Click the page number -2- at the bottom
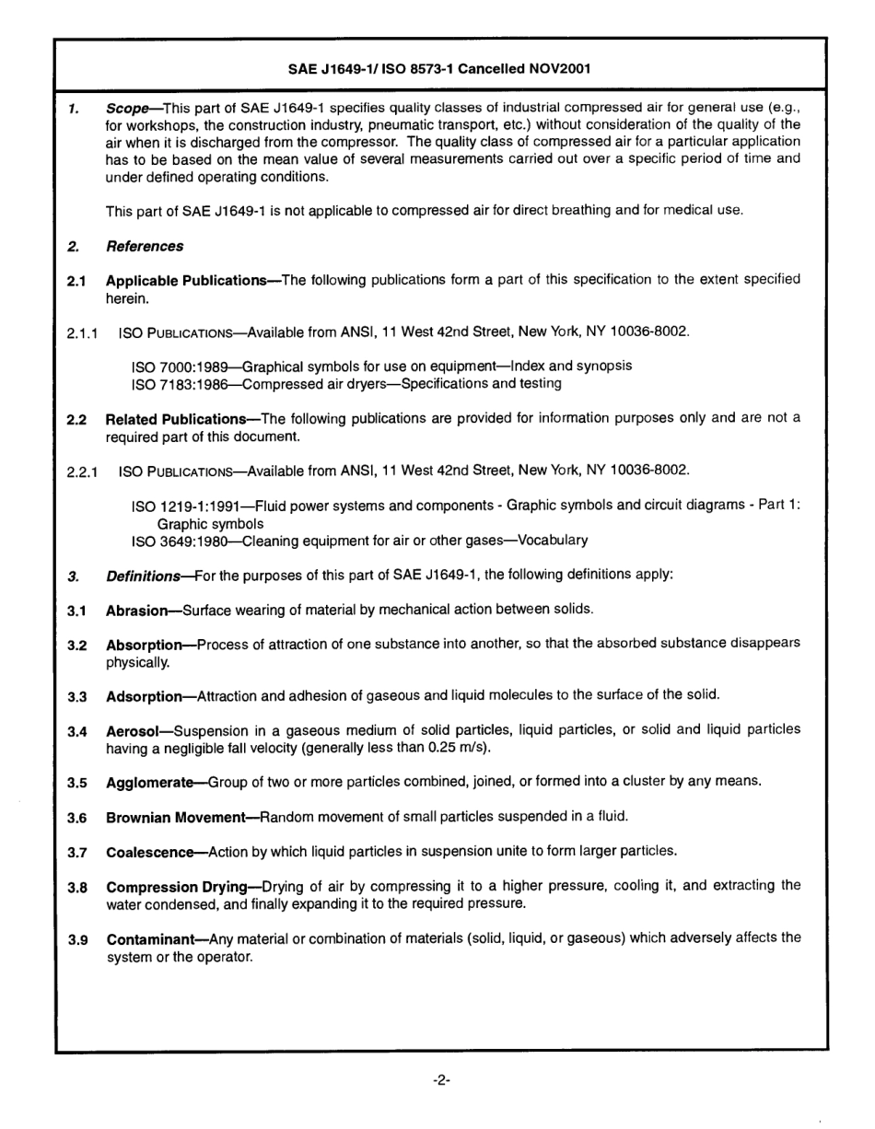[x=440, y=1080]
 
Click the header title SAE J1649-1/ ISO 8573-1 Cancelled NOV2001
[x=440, y=69]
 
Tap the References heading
[x=145, y=246]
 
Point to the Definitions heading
[x=143, y=576]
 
